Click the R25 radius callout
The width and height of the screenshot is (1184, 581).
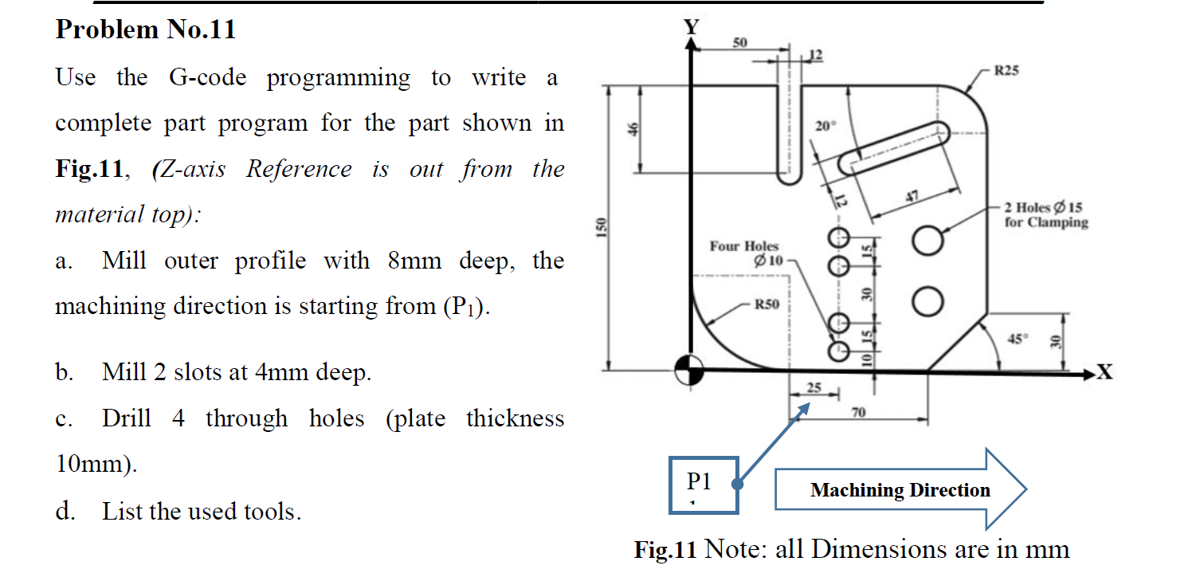click(x=1006, y=71)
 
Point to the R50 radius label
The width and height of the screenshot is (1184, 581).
click(x=768, y=304)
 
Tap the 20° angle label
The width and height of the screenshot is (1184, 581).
click(x=826, y=126)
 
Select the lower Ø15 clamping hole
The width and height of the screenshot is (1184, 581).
click(x=926, y=301)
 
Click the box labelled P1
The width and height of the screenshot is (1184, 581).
click(x=703, y=484)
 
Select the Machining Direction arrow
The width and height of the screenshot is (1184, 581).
click(x=900, y=489)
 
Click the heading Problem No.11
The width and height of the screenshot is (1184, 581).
click(x=146, y=29)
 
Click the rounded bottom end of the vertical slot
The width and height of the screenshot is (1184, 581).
click(x=790, y=177)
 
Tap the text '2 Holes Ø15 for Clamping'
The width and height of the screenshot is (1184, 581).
click(x=1045, y=215)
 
